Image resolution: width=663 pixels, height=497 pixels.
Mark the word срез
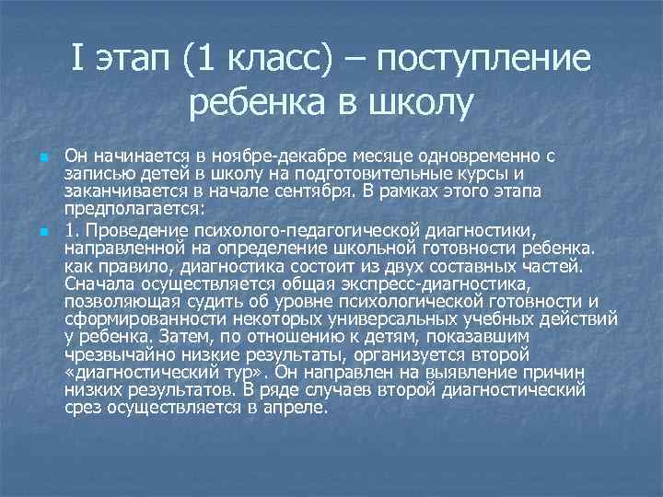87,409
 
